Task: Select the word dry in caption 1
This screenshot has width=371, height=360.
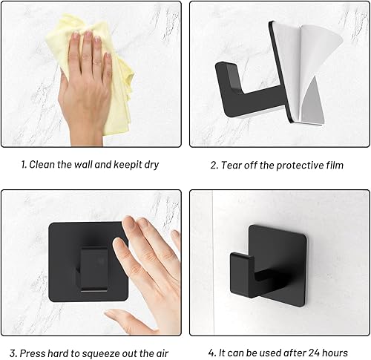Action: click(149, 165)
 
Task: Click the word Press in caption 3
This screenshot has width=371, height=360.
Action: click(35, 353)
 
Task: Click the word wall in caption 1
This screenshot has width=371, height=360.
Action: click(82, 165)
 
